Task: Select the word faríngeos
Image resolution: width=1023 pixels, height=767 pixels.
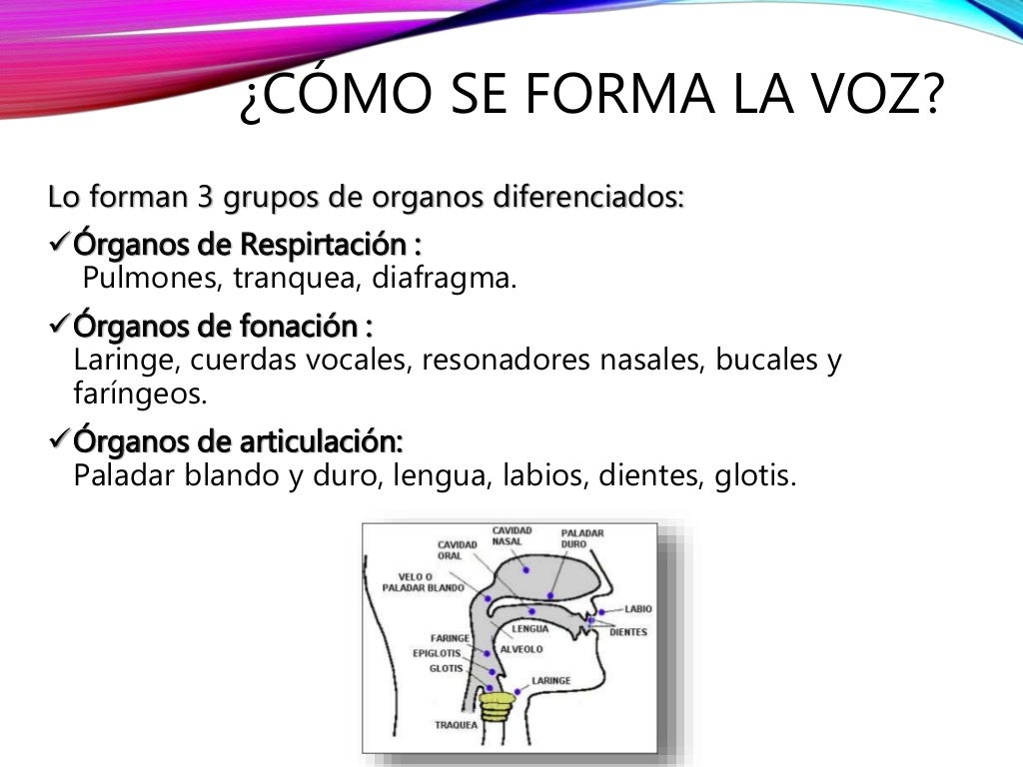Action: (x=141, y=393)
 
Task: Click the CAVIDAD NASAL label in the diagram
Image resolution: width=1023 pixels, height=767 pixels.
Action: (x=511, y=536)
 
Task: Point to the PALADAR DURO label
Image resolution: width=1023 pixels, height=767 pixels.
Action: (x=581, y=539)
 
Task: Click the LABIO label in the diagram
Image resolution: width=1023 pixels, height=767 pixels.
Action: (x=638, y=608)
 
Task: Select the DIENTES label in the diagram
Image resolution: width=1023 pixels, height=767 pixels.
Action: (x=628, y=632)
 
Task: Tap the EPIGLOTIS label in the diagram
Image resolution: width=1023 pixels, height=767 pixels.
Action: (x=437, y=653)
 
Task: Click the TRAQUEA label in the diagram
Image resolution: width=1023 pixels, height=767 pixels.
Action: (x=455, y=724)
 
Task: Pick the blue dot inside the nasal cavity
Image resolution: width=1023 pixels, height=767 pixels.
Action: (x=549, y=595)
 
